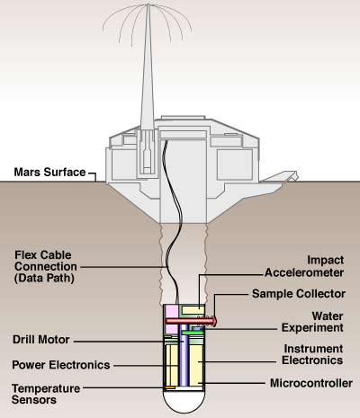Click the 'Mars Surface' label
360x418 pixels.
point(49,173)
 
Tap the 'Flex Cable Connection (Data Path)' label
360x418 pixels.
point(46,266)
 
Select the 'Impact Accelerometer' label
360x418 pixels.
point(304,266)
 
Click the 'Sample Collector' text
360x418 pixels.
point(299,294)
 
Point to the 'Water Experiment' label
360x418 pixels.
point(312,322)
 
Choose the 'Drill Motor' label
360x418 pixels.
point(41,340)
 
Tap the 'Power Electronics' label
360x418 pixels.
point(61,365)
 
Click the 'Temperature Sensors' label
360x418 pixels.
point(46,394)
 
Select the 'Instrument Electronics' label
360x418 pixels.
point(312,354)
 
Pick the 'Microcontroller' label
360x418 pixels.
point(311,383)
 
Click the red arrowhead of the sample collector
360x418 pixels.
point(213,321)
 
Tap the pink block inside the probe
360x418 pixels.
point(172,319)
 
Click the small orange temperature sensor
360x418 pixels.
point(170,387)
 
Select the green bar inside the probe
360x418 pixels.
point(192,333)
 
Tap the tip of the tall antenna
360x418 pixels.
point(148,4)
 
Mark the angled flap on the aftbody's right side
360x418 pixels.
point(280,177)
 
